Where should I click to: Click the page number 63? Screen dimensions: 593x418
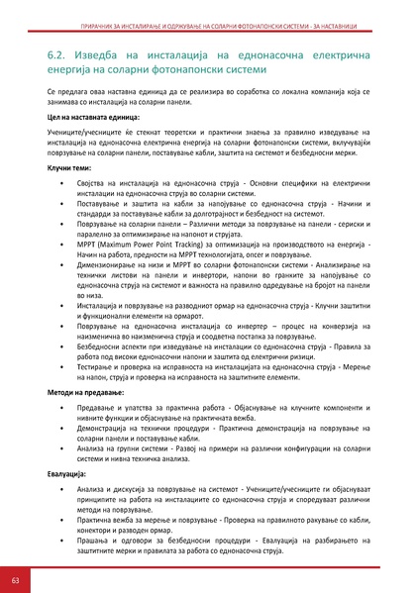pos(15,578)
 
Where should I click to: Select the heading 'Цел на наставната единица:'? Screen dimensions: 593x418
pos(91,117)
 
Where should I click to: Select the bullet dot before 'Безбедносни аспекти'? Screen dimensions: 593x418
pos(63,352)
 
